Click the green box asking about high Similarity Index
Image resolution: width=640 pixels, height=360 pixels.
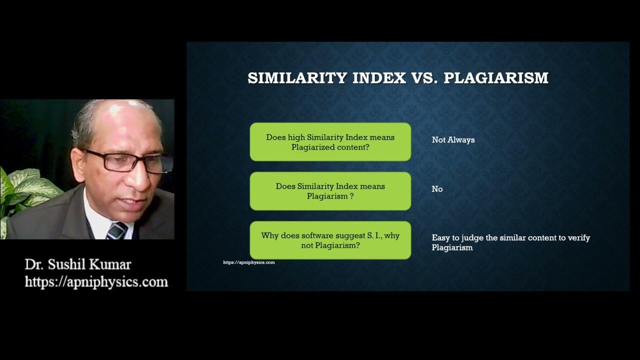tap(330, 142)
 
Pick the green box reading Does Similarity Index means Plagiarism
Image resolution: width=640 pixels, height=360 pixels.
tap(330, 191)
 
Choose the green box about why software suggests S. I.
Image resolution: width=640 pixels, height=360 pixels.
tap(330, 240)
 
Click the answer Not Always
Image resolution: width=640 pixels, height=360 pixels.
tap(453, 140)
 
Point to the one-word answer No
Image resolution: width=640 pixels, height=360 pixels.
tap(437, 189)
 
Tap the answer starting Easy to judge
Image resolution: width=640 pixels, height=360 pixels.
tap(510, 242)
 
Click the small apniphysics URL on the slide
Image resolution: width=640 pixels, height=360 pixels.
tap(248, 262)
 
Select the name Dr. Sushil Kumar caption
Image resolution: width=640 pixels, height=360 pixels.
tap(77, 264)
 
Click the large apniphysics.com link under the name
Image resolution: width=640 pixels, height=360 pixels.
tap(96, 282)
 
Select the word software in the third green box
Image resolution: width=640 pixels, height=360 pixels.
tap(315, 235)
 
